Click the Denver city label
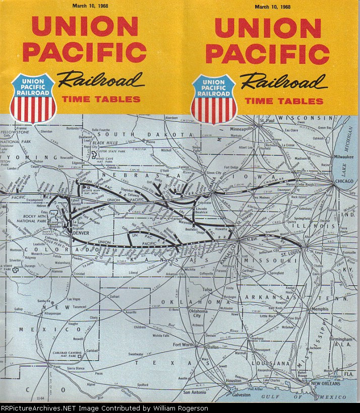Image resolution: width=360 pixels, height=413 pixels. point(81,234)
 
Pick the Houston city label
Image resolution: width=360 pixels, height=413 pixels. point(233,381)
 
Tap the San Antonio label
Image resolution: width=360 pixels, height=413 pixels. point(195,392)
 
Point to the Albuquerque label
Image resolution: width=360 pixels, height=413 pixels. point(41,313)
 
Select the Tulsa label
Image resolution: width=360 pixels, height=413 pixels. point(207,290)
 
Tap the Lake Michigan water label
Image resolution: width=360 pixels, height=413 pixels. point(350,151)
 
